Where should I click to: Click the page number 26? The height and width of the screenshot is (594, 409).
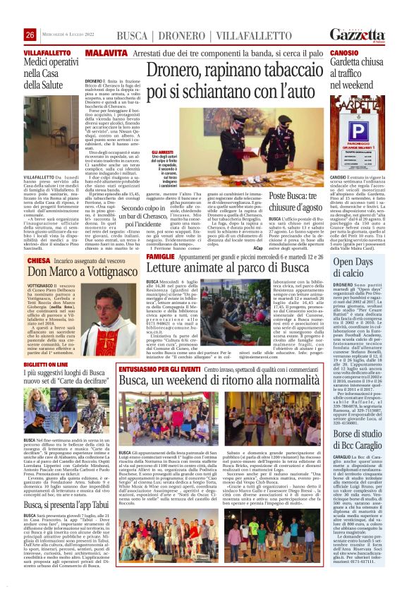click(30, 35)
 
